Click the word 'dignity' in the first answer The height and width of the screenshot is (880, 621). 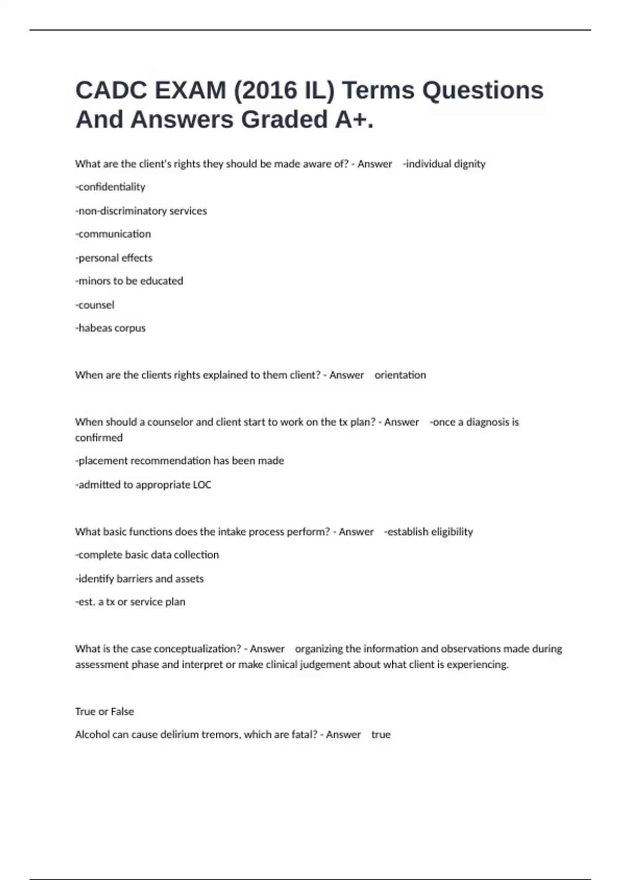coord(469,164)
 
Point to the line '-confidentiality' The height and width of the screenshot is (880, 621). coord(110,187)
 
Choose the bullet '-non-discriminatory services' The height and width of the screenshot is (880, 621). coord(141,211)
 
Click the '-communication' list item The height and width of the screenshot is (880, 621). coord(113,234)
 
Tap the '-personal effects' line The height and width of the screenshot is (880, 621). coord(114,258)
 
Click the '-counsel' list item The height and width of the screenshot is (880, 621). coord(95,305)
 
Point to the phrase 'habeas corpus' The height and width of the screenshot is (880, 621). coord(112,328)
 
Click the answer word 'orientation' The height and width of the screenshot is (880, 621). coord(400,375)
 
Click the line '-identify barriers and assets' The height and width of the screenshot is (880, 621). coord(139,579)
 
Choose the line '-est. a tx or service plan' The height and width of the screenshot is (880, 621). coord(130,602)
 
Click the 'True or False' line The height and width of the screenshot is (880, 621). coord(105,712)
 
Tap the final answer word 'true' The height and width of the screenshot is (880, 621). coord(381,735)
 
